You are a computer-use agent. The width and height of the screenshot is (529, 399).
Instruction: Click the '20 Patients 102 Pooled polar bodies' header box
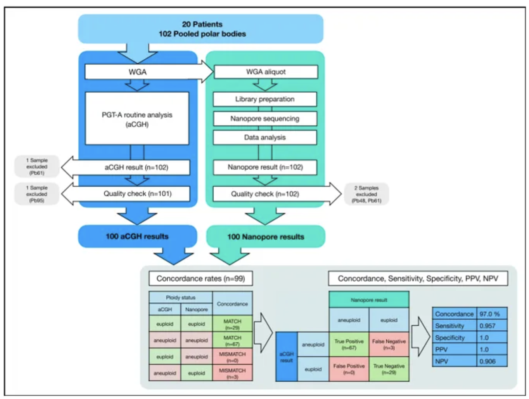(x=201, y=29)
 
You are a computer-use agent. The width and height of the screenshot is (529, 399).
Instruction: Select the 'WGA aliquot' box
(x=266, y=72)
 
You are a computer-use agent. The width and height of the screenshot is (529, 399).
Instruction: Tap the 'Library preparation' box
(x=264, y=99)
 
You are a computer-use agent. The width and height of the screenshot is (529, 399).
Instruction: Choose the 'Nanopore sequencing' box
(x=264, y=118)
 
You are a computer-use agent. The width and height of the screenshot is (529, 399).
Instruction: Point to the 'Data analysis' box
(x=264, y=137)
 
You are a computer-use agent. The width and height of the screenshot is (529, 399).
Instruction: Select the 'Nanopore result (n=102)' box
(x=265, y=167)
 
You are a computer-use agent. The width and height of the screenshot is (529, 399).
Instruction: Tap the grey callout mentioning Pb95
(x=37, y=194)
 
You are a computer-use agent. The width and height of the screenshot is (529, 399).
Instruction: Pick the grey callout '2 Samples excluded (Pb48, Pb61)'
(x=366, y=194)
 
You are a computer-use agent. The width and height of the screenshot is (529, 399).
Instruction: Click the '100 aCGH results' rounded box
(x=137, y=236)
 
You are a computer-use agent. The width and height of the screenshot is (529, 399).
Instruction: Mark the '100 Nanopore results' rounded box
(x=266, y=236)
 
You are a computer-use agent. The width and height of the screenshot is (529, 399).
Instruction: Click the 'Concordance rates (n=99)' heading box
(x=201, y=278)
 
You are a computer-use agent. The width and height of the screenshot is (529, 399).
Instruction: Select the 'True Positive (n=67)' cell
(x=349, y=344)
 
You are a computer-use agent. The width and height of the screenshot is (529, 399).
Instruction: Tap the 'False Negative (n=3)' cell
(x=389, y=344)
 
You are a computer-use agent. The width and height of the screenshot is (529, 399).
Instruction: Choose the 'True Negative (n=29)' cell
(x=389, y=369)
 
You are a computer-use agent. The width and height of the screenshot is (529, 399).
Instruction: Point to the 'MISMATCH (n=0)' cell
(x=232, y=357)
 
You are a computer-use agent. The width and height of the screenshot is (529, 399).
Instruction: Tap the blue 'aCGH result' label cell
(x=287, y=357)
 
